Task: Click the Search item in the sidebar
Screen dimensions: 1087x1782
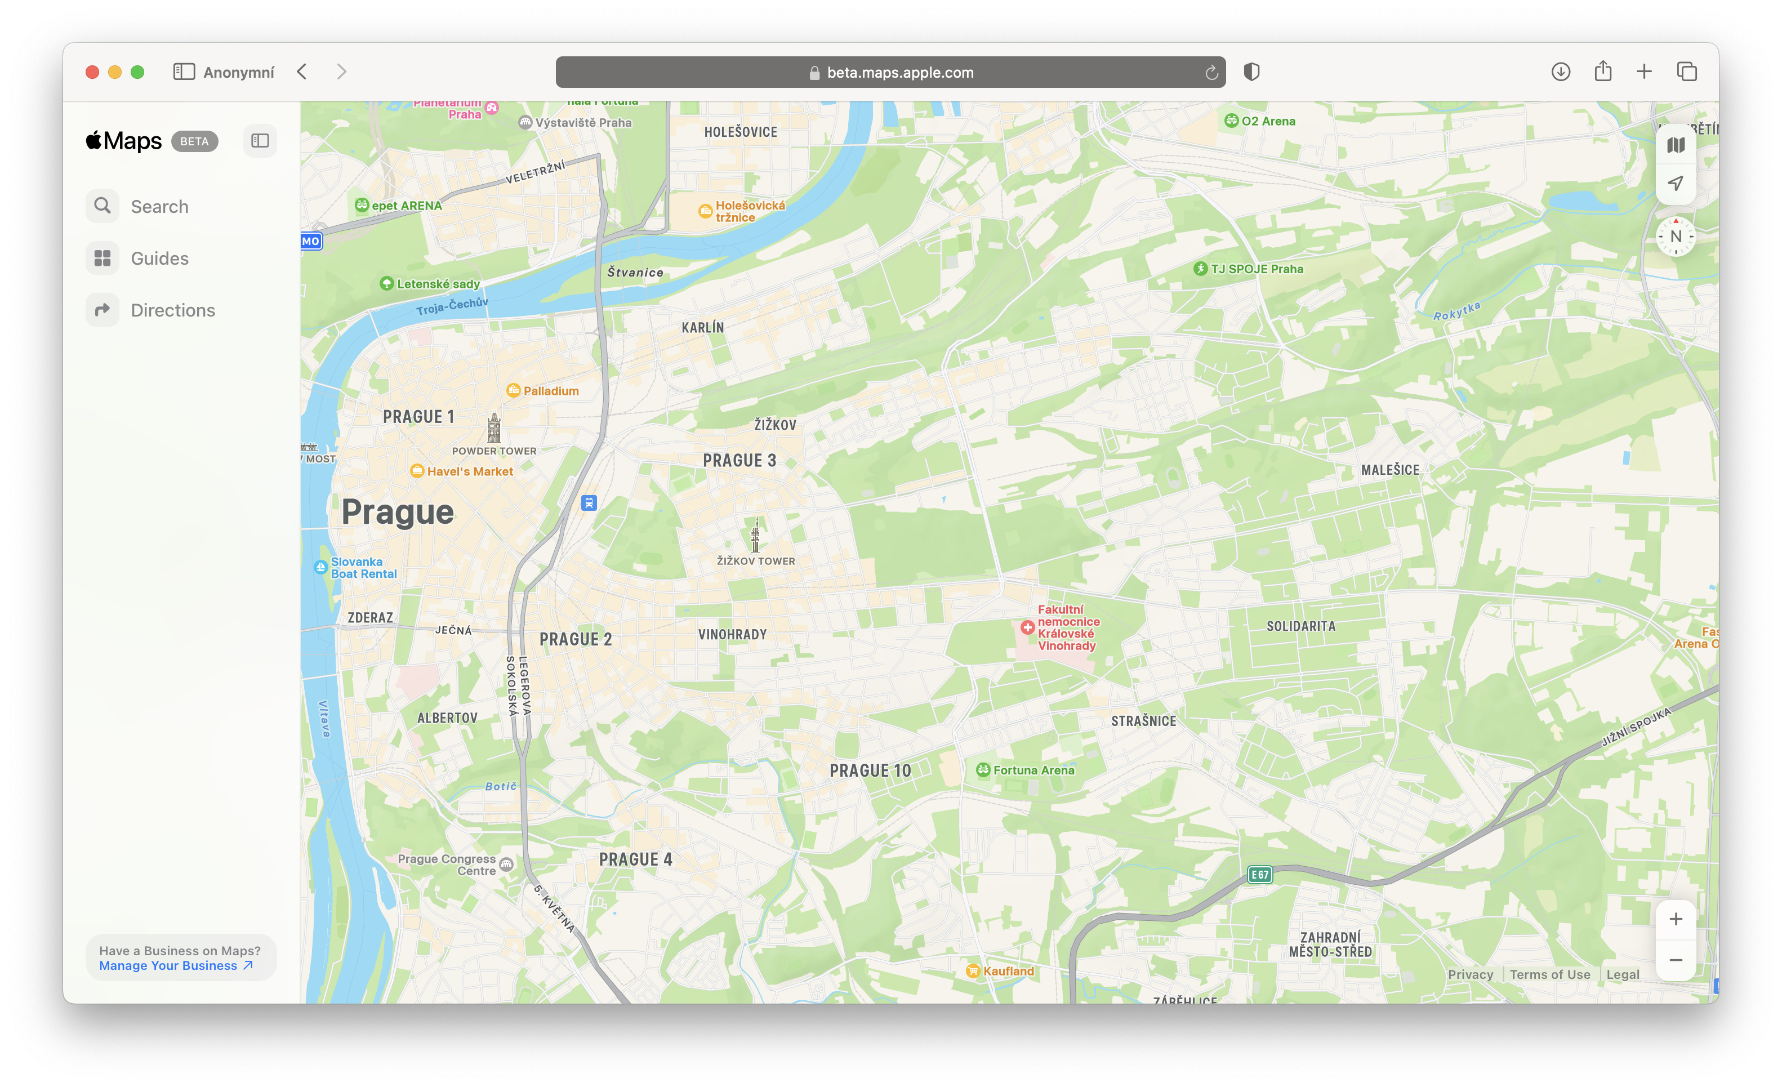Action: [158, 207]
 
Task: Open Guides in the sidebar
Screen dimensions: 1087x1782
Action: [158, 258]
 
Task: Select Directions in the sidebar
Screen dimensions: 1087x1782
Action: [172, 310]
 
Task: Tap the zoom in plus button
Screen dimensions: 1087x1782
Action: [1675, 919]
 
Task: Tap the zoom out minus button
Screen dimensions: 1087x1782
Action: [1675, 960]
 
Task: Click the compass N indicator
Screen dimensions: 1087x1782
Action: [1675, 237]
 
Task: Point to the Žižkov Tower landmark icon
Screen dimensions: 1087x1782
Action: [755, 535]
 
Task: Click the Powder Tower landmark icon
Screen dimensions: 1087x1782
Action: [494, 427]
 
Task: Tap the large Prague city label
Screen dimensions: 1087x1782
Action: [397, 512]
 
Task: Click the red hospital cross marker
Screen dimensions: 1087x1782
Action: [1027, 627]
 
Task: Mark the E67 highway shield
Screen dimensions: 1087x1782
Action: [1259, 874]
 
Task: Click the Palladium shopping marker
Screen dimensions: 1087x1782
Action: [514, 390]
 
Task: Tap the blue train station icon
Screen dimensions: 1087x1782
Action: [589, 502]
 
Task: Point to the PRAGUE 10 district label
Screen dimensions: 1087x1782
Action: [870, 771]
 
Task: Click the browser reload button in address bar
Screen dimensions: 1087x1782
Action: [1211, 72]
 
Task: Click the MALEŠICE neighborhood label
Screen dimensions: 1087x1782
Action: [1389, 470]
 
